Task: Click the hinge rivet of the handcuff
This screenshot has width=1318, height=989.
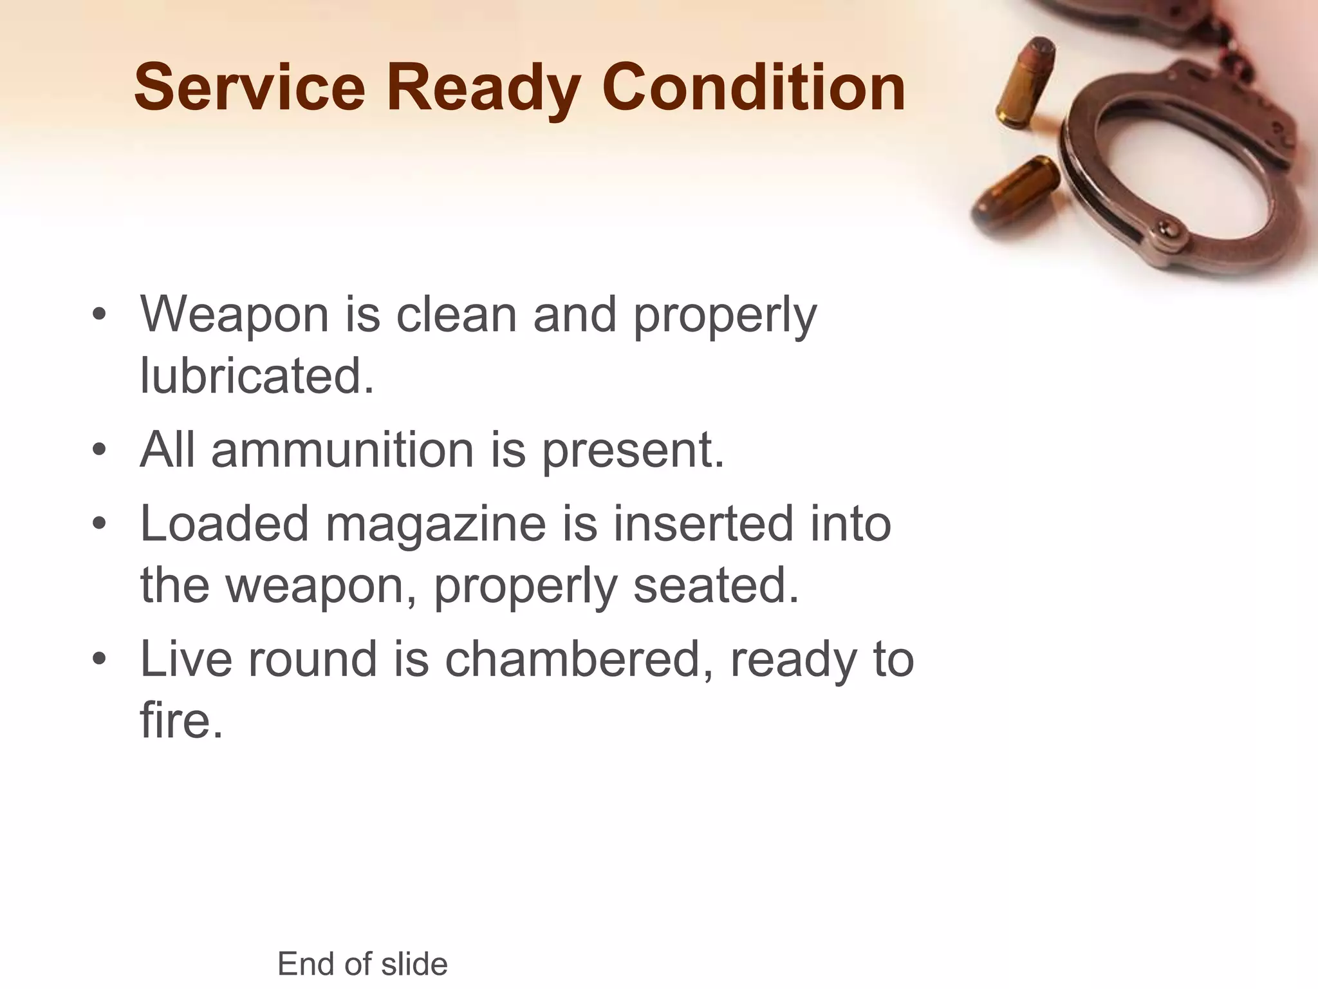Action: pos(1166,228)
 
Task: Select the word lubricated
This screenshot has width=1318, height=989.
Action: pos(256,375)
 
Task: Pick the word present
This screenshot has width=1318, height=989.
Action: pos(633,450)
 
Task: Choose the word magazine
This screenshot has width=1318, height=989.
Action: pos(436,523)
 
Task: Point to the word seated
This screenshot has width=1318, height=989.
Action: pos(716,585)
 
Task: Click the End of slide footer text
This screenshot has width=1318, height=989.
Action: pos(362,964)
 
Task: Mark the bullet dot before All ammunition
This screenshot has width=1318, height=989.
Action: pos(98,450)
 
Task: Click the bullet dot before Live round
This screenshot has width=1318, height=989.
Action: pos(98,659)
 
